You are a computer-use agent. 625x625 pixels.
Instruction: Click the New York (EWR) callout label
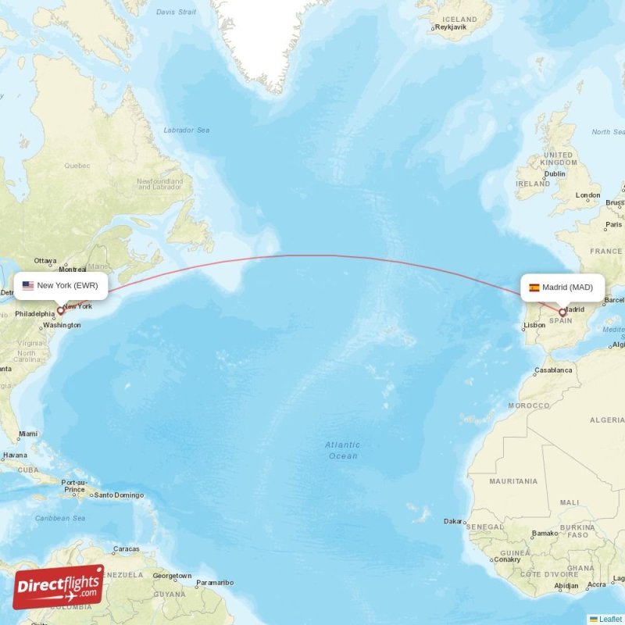coord(61,286)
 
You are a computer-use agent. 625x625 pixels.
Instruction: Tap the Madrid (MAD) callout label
coord(562,287)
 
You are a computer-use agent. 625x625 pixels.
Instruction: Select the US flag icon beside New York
coord(28,286)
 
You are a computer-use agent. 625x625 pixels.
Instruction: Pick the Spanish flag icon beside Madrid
coord(534,287)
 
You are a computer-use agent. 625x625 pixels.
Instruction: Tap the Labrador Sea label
coord(187,130)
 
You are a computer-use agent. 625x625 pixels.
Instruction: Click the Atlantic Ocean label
coord(343,450)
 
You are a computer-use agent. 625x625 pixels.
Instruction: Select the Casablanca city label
coord(553,370)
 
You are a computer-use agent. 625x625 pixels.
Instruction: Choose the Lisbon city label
coord(534,325)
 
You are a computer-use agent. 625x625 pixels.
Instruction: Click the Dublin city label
coord(555,174)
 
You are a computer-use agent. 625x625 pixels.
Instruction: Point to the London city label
coord(587,195)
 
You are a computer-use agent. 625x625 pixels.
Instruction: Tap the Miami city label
coord(28,434)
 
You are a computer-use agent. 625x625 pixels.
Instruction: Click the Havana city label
coord(14,455)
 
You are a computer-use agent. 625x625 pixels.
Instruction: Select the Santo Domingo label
coord(119,495)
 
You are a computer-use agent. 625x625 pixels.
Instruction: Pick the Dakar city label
coord(452,521)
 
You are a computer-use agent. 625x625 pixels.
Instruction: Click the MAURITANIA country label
coord(513,481)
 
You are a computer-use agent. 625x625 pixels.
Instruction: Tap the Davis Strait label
coord(177,12)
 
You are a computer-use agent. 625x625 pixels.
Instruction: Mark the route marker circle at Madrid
coord(562,312)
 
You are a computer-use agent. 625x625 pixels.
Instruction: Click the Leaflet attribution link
coord(610,619)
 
